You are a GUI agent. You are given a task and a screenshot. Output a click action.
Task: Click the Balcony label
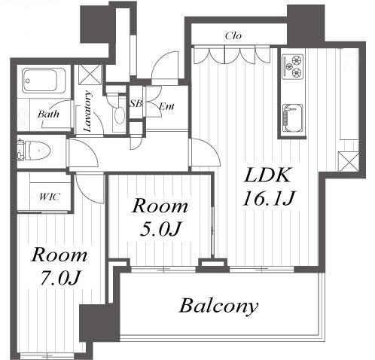click(218, 306)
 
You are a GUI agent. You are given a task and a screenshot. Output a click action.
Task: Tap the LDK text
click(267, 175)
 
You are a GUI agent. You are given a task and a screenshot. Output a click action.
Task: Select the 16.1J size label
click(268, 197)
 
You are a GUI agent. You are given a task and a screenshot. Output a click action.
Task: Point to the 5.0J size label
click(160, 229)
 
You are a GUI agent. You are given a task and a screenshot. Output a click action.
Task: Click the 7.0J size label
click(60, 277)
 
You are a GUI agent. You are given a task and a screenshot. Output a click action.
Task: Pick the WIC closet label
click(50, 197)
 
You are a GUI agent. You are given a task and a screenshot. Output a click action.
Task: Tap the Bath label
click(48, 114)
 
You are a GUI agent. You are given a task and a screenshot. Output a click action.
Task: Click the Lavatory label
click(87, 111)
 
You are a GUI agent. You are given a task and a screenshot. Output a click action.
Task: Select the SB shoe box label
click(136, 103)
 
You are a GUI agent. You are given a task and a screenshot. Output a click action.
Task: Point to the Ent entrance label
click(166, 106)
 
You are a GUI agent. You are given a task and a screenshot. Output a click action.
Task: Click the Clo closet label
click(233, 35)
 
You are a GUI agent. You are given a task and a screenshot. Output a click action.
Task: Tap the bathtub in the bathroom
click(44, 81)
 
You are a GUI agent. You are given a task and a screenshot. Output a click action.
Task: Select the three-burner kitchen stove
click(293, 66)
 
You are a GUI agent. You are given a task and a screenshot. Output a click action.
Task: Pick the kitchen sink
click(293, 118)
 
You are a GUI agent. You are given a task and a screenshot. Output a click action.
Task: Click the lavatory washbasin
click(120, 115)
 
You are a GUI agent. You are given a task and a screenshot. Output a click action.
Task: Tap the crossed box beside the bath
click(90, 75)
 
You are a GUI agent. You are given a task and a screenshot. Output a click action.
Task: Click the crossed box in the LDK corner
click(349, 162)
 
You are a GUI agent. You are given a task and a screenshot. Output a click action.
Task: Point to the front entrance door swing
click(165, 66)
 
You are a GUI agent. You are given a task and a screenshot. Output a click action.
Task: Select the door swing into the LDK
click(206, 152)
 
